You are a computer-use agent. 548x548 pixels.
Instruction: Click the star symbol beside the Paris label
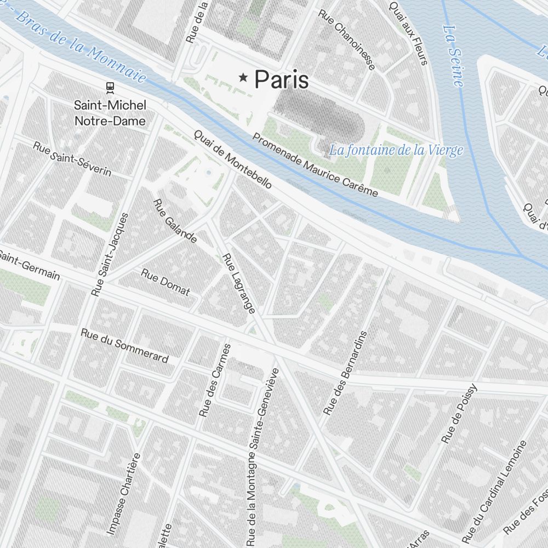point(243,79)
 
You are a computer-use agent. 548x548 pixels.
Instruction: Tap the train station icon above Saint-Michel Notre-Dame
point(110,87)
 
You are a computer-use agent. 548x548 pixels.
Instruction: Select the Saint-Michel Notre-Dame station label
point(110,112)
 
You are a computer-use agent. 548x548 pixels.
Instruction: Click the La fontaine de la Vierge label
point(396,150)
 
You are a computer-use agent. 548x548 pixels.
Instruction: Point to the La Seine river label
point(453,55)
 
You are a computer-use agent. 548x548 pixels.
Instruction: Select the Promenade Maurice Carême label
point(315,165)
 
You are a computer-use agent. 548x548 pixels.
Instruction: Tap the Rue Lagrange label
point(239,283)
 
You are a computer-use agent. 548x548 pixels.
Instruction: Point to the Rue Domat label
point(165,282)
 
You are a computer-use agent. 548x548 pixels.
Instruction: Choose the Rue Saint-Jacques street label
point(110,254)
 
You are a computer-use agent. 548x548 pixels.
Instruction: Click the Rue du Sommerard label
point(124,345)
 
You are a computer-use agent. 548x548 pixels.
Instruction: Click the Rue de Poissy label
point(459,414)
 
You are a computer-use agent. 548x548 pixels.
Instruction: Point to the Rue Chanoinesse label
point(347,39)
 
